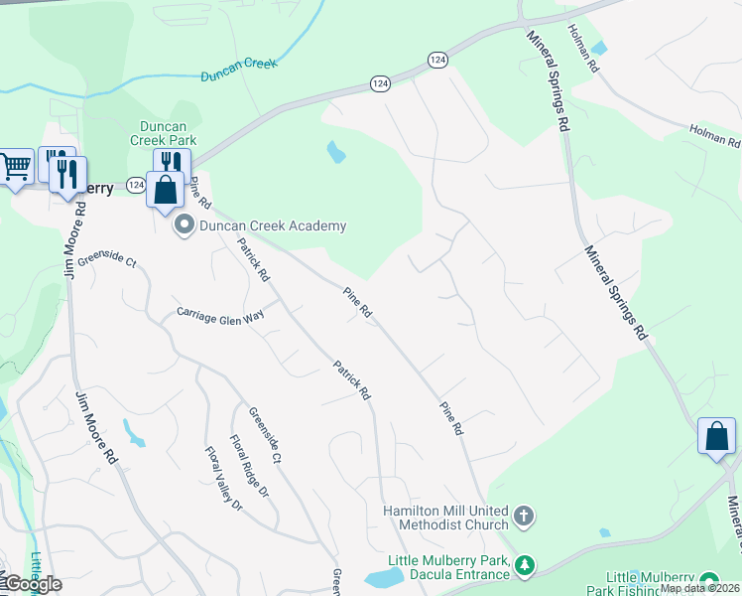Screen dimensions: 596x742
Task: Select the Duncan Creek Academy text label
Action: click(x=273, y=225)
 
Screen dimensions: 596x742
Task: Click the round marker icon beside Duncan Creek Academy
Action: click(x=184, y=226)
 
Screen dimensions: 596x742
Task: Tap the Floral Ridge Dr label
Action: click(x=248, y=466)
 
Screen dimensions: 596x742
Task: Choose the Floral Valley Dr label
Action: click(x=223, y=479)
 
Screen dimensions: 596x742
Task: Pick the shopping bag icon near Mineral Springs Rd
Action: click(x=716, y=437)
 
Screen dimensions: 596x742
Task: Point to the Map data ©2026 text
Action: click(x=699, y=588)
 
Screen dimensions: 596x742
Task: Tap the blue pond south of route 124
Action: click(x=337, y=152)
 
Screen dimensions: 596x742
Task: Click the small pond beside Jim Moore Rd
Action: click(x=132, y=433)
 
